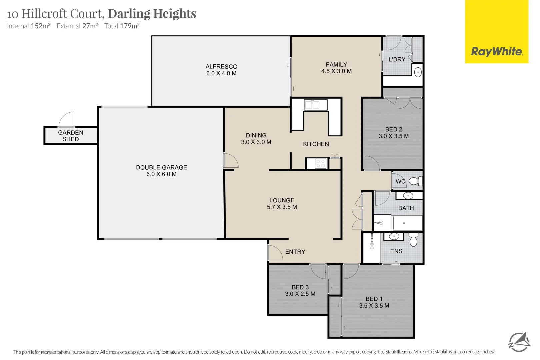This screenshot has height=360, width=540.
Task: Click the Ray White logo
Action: (x=497, y=32)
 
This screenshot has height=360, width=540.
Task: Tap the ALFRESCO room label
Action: (x=221, y=67)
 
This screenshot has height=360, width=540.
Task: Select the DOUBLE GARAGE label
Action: (x=161, y=167)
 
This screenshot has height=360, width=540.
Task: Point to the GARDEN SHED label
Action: (x=71, y=136)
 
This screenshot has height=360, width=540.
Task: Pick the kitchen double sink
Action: (x=316, y=105)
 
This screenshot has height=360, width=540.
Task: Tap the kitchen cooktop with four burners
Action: (x=321, y=164)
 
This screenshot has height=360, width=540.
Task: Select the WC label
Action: (x=400, y=181)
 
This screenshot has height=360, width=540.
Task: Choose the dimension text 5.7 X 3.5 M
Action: (x=282, y=207)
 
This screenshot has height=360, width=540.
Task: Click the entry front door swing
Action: (x=275, y=252)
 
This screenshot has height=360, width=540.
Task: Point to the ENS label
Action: (x=396, y=251)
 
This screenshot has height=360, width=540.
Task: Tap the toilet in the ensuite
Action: (x=413, y=240)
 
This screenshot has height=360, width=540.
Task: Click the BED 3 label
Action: (x=300, y=287)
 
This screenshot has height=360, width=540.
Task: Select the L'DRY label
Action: (x=397, y=59)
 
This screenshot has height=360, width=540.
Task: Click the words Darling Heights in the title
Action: (x=152, y=14)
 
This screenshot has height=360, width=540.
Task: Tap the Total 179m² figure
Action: (x=122, y=26)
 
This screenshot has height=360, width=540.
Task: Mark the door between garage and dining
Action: (x=231, y=160)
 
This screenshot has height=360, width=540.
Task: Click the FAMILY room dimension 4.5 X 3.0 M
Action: (x=336, y=71)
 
